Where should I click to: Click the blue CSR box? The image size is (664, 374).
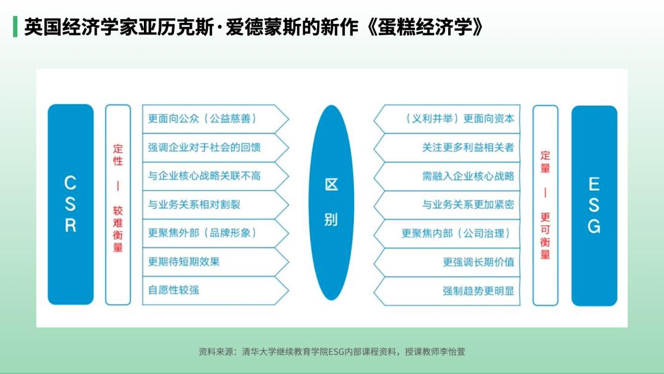point(71,204)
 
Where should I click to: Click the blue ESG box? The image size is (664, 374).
point(594,205)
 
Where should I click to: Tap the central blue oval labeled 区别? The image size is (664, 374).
point(331,202)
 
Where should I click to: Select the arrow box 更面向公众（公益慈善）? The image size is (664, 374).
point(216,119)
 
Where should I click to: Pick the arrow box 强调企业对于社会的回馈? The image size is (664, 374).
point(216,148)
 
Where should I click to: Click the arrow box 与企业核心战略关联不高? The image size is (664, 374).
point(216,176)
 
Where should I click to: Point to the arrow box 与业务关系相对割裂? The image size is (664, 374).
point(216,205)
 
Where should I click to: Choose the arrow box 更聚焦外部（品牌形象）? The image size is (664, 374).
point(216,233)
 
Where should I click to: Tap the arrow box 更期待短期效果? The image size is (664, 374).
point(216,262)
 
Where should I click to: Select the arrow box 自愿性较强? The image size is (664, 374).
point(216,290)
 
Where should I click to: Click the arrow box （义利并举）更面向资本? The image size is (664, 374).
point(447,119)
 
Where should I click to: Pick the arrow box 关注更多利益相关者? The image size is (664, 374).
point(447,148)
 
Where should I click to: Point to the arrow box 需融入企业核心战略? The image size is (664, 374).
point(447,176)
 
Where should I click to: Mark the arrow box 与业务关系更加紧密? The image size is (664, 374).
point(447,205)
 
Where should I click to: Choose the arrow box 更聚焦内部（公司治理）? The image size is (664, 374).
point(447,233)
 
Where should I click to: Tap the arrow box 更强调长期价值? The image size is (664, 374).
point(447,262)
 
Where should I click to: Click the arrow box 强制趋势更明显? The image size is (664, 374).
point(447,291)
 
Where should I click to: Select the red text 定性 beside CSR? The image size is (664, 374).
point(117,155)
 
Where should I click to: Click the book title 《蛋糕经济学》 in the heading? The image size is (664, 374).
point(425,28)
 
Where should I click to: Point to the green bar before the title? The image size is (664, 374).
point(15,26)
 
